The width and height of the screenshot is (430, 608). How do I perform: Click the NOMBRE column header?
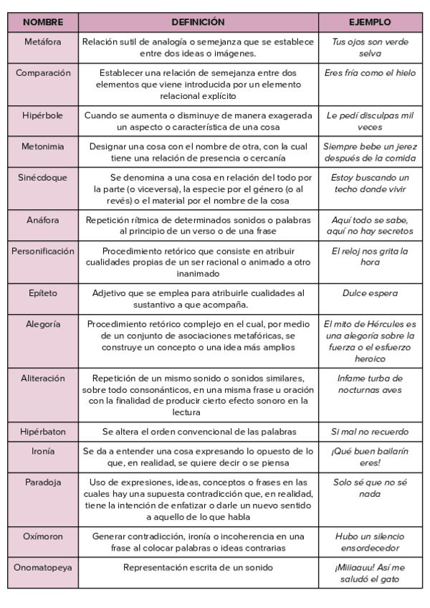pyautogui.click(x=43, y=22)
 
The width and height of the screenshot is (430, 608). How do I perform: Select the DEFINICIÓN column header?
pyautogui.click(x=198, y=22)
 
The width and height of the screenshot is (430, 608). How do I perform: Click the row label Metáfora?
pyautogui.click(x=43, y=42)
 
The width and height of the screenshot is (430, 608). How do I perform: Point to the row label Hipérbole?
pyautogui.click(x=43, y=115)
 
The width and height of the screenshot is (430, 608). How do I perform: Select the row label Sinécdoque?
pyautogui.click(x=43, y=176)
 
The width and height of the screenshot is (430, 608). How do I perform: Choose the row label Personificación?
pyautogui.click(x=43, y=252)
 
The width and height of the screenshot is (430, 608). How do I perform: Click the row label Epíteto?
pyautogui.click(x=43, y=293)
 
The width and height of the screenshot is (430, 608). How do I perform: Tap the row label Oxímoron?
pyautogui.click(x=43, y=536)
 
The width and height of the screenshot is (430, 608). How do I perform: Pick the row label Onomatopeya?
pyautogui.click(x=43, y=567)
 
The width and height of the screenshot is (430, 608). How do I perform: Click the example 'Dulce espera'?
pyautogui.click(x=370, y=293)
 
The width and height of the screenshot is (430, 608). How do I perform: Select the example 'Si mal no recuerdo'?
pyautogui.click(x=370, y=432)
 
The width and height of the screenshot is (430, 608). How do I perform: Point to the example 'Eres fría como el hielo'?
pyautogui.click(x=370, y=73)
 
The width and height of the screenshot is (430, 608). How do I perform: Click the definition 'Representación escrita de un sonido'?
pyautogui.click(x=199, y=567)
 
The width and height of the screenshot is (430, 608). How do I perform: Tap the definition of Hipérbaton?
pyautogui.click(x=199, y=432)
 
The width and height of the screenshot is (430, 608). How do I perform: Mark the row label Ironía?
pyautogui.click(x=43, y=451)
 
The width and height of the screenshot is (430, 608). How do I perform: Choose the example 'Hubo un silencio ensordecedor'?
pyautogui.click(x=370, y=541)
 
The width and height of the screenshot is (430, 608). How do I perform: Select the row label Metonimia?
pyautogui.click(x=43, y=146)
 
